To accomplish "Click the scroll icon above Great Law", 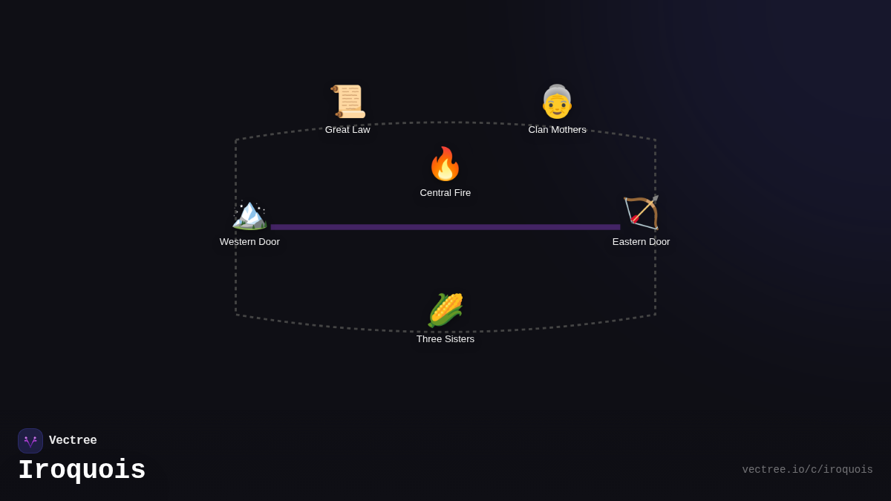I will (347, 102).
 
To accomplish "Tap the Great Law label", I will (347, 130).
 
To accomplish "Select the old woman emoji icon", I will (557, 102).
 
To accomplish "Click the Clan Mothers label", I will (557, 130).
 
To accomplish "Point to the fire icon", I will (446, 164).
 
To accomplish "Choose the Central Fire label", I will (446, 193).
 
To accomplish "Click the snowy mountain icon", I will (249, 214).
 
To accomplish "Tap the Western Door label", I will (249, 242).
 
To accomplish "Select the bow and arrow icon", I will (641, 213).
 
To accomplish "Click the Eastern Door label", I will (641, 242).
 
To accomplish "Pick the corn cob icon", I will (446, 310).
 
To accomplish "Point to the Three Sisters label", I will (446, 339).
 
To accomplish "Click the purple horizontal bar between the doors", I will (446, 227).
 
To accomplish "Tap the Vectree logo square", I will (30, 441).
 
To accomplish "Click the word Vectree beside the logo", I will (73, 441).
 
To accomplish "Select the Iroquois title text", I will (82, 471).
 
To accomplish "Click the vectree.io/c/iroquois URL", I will (807, 470).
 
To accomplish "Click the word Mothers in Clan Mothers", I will (568, 130).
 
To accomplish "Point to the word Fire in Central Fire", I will (461, 193).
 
